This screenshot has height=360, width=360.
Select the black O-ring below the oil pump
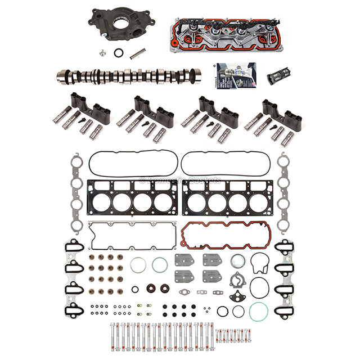[x=119, y=53]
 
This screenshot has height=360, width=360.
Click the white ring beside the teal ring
[x=138, y=264]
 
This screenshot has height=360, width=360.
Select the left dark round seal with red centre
[x=150, y=289]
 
